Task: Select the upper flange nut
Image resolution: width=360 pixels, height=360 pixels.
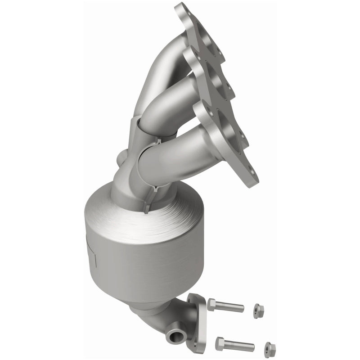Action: point(257,310)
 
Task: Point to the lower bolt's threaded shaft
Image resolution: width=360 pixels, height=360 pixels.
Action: point(240,346)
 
